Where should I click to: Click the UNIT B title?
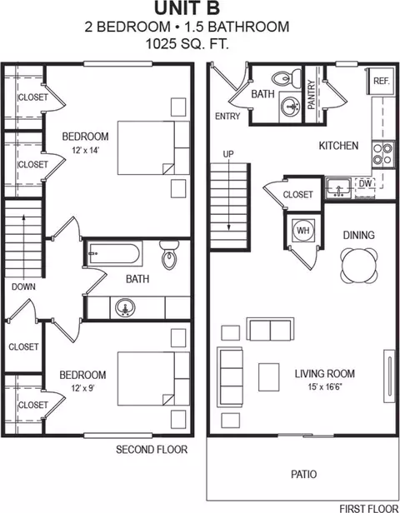click(200, 10)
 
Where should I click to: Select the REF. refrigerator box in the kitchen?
click(382, 81)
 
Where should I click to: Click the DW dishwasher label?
click(365, 184)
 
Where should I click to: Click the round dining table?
click(358, 266)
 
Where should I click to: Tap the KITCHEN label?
click(338, 146)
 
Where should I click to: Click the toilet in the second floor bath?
click(170, 256)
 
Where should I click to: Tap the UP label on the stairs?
click(227, 154)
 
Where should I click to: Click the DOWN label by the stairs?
click(23, 286)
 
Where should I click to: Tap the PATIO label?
click(303, 474)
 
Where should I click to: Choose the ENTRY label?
click(227, 116)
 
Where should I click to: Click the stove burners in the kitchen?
click(382, 153)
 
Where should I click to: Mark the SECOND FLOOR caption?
click(151, 450)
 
